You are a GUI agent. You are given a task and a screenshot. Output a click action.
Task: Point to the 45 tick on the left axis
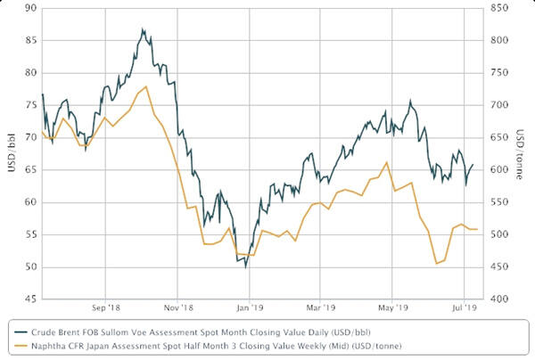click(30, 299)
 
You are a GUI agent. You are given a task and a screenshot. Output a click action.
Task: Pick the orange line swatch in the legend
click(12, 346)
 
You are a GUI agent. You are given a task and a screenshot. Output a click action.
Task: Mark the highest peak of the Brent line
click(143, 29)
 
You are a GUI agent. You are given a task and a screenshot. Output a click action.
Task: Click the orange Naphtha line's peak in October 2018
click(145, 86)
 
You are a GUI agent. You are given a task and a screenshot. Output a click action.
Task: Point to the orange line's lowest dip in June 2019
click(436, 264)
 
